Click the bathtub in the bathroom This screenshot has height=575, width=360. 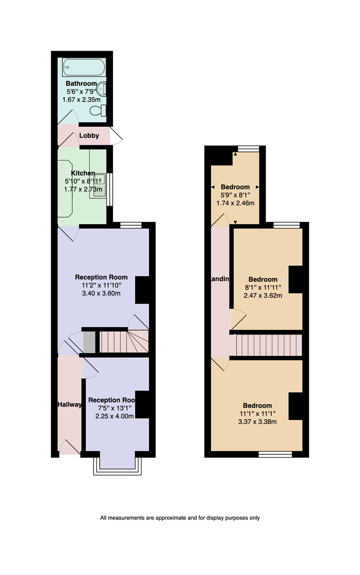click(x=84, y=67)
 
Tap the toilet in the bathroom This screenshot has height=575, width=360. click(x=98, y=110)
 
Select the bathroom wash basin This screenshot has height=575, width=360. click(x=103, y=89)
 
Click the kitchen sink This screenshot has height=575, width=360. click(x=99, y=185)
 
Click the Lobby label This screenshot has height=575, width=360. click(x=89, y=136)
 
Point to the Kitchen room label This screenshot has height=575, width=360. click(x=83, y=173)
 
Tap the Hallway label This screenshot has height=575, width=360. click(x=70, y=404)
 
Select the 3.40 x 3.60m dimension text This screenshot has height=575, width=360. click(x=101, y=293)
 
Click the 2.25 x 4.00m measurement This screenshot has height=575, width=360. click(x=115, y=416)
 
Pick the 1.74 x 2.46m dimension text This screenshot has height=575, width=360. click(x=235, y=203)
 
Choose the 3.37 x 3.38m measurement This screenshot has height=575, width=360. click(x=257, y=422)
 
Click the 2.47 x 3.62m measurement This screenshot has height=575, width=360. click(x=263, y=296)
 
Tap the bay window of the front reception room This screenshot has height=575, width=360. click(x=117, y=466)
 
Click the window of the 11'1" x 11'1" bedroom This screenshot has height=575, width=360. click(x=275, y=454)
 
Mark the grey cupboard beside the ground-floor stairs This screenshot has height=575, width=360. click(x=90, y=342)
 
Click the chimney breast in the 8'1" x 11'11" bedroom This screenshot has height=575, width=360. click(x=296, y=279)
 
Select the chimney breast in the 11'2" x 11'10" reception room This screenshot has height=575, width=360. click(x=142, y=290)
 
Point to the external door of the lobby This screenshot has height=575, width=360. click(x=116, y=136)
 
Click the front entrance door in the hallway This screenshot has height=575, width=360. click(x=70, y=448)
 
